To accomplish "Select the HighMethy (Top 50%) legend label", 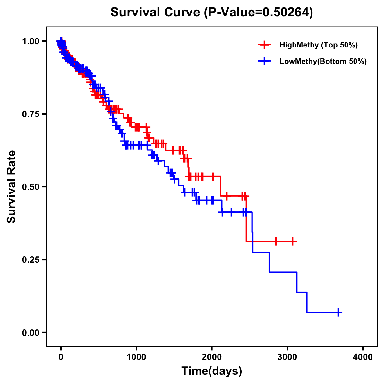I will click(x=319, y=45).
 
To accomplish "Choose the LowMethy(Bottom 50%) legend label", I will click(x=323, y=61).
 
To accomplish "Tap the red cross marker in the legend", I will click(x=264, y=45).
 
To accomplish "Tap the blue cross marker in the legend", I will click(x=264, y=61).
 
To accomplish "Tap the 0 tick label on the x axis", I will click(x=61, y=357).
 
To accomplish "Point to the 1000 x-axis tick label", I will click(x=136, y=357).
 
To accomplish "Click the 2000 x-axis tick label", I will click(x=212, y=357).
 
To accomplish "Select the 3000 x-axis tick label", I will click(x=287, y=357).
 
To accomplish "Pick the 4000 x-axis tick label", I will click(x=363, y=357).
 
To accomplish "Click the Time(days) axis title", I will click(x=212, y=371).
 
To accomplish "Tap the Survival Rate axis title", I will click(x=12, y=186).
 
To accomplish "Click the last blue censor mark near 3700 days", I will click(x=338, y=312).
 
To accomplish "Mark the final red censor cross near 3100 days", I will click(x=293, y=241).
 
